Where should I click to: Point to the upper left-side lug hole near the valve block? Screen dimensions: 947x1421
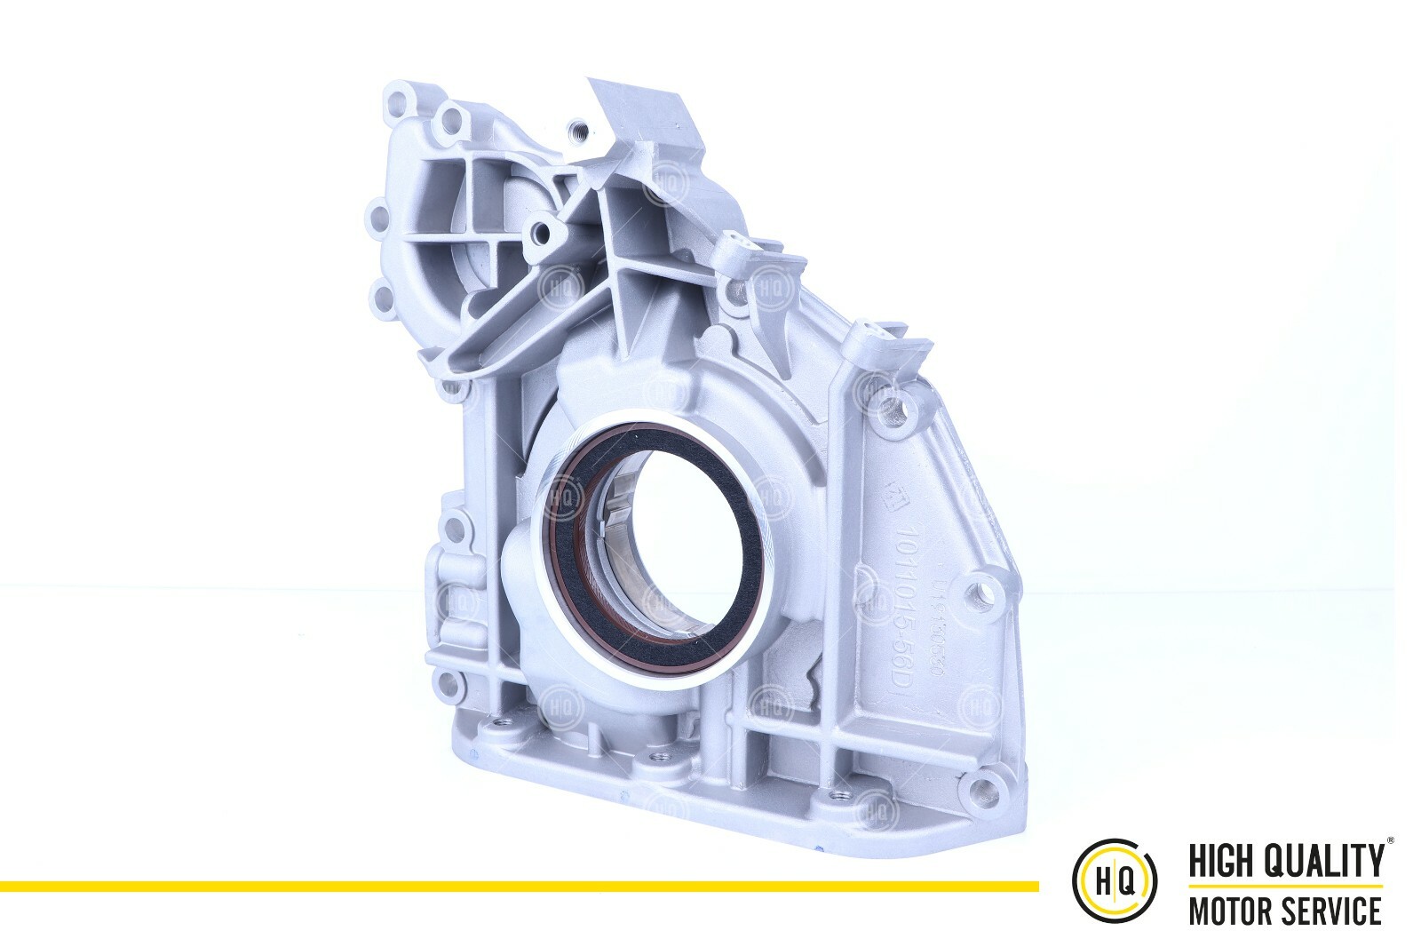click(456, 529)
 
